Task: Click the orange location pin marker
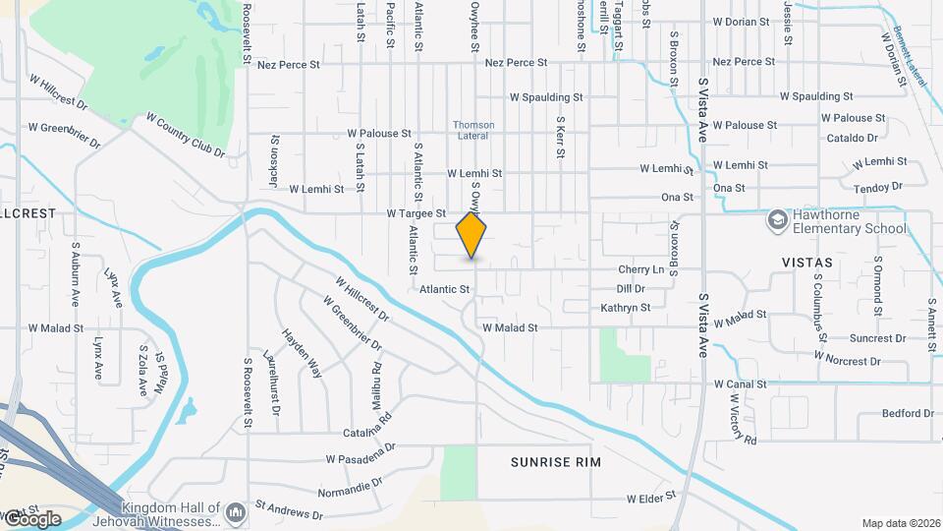click(x=471, y=236)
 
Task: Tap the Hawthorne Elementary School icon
click(x=778, y=219)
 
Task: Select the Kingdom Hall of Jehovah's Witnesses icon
click(x=236, y=512)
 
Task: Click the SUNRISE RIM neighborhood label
click(x=556, y=461)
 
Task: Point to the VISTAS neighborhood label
click(x=806, y=263)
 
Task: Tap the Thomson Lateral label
click(x=473, y=131)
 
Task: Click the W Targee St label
click(x=416, y=212)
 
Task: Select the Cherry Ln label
click(x=641, y=269)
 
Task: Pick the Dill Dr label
click(x=630, y=289)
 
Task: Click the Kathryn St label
click(x=626, y=308)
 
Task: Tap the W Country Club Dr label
click(x=186, y=135)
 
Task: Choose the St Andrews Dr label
click(x=289, y=510)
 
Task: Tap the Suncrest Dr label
click(x=878, y=338)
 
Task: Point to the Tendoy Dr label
click(x=878, y=187)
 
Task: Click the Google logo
click(x=31, y=519)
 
